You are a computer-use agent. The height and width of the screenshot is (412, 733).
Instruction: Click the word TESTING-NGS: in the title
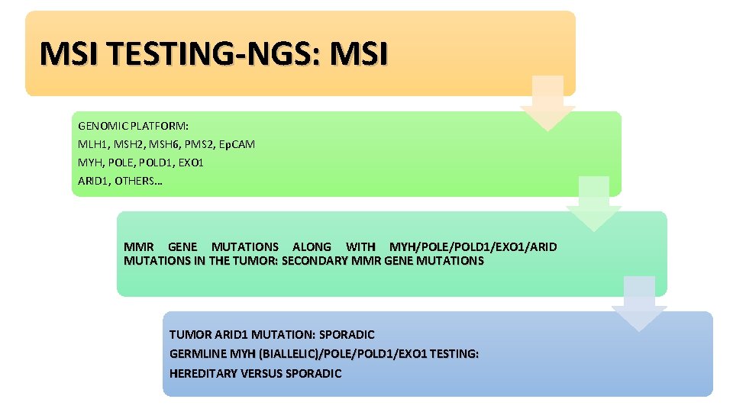coord(203,53)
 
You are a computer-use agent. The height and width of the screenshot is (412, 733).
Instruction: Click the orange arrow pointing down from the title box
coord(547,103)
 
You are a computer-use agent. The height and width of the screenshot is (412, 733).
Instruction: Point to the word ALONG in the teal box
coord(312,246)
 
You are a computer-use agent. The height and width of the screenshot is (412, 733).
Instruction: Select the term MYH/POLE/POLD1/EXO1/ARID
coord(473,246)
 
